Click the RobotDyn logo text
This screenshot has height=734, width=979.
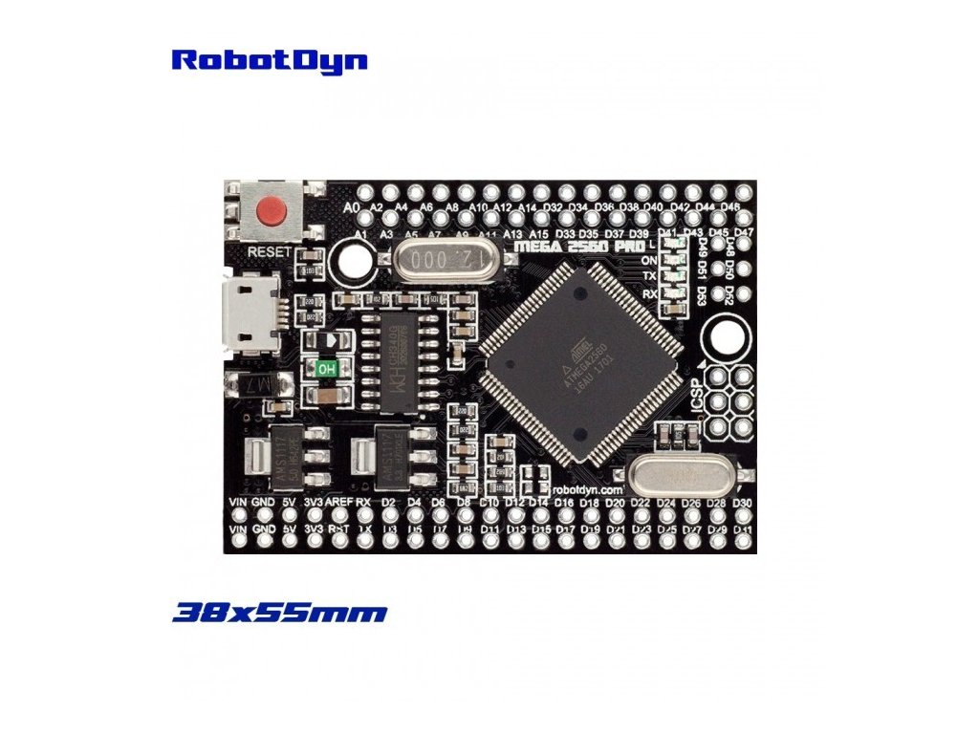pos(269,60)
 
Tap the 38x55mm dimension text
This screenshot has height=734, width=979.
pos(279,613)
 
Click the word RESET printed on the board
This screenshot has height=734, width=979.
pos(269,251)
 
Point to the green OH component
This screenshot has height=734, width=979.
pos(326,367)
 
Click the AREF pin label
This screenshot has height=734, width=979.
pos(339,502)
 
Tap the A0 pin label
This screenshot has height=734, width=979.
pos(351,205)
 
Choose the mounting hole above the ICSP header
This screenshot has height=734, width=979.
pos(725,336)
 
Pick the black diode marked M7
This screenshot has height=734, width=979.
pos(251,385)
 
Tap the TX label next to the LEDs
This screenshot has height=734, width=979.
pos(649,276)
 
